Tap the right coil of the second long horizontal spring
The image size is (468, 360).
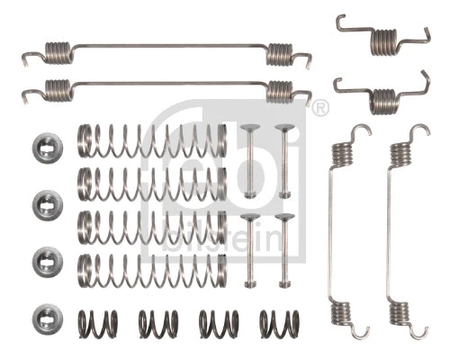click(280, 90)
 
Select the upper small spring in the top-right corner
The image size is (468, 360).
click(384, 38)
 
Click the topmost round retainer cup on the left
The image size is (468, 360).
click(47, 147)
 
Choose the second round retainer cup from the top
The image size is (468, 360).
click(47, 204)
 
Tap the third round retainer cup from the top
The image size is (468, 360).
click(47, 262)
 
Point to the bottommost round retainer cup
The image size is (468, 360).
click(47, 318)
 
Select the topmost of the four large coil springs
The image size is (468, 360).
click(151, 140)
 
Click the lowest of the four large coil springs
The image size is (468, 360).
click(151, 270)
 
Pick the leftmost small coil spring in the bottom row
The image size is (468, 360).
click(97, 323)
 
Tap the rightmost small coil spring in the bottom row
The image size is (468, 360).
click(279, 323)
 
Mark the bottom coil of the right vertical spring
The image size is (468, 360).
click(400, 314)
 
